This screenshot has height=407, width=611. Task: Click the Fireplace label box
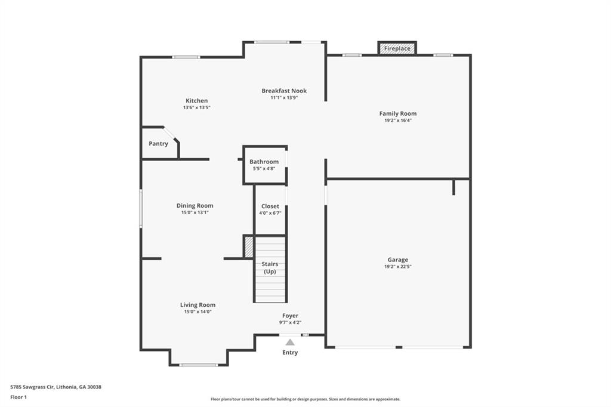point(397,48)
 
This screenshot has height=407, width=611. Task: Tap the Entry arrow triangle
point(290,343)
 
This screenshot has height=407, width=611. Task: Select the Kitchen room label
point(196,101)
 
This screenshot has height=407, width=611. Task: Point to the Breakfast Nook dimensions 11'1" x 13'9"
point(284,98)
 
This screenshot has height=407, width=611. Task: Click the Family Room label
point(398,113)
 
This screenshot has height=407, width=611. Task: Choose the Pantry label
point(158,143)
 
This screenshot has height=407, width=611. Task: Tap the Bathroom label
point(264,161)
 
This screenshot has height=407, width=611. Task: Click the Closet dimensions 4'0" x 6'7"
point(270,213)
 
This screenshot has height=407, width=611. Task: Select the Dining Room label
point(195,205)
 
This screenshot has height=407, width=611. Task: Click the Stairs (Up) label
point(270,267)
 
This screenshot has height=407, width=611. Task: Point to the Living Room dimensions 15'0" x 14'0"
point(198,312)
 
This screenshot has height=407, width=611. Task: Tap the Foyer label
point(291,316)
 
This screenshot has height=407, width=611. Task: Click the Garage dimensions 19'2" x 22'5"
point(398,267)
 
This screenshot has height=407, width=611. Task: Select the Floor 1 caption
point(18,397)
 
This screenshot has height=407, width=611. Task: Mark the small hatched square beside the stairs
point(248,247)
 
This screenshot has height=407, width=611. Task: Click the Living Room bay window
point(198,365)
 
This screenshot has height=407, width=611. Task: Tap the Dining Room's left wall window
point(141,208)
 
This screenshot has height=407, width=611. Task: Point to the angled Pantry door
point(171,133)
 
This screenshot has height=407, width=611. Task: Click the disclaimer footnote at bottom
point(305,399)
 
